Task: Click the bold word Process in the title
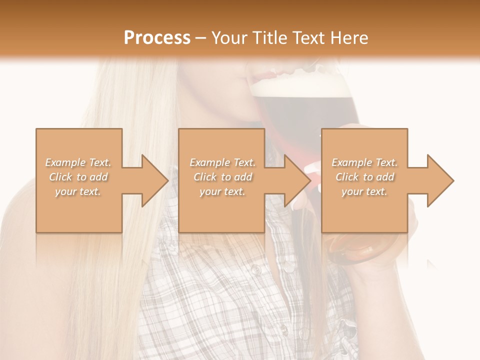tap(157, 37)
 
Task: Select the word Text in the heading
tap(308, 37)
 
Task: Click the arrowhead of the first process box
tap(155, 180)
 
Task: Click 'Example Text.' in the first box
tap(78, 162)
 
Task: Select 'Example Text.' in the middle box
tap(222, 162)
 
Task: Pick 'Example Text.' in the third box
tap(364, 162)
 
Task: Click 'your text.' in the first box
tap(78, 191)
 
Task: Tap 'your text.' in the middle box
tap(222, 191)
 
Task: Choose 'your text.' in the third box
tap(364, 191)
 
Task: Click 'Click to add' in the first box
tap(78, 177)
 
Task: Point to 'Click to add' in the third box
tap(364, 177)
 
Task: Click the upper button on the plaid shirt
tap(256, 270)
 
